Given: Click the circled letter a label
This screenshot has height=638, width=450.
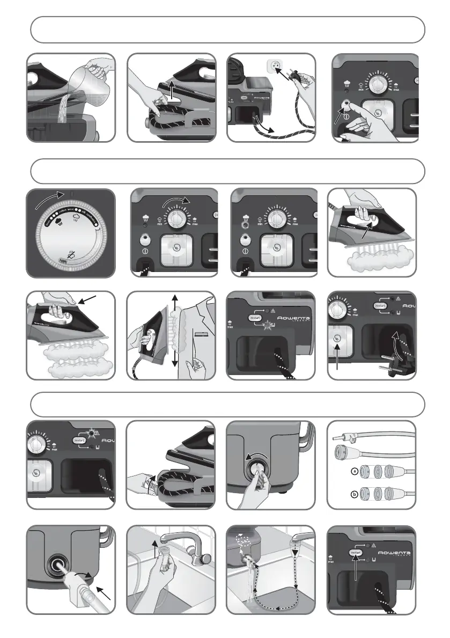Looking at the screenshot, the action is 353,472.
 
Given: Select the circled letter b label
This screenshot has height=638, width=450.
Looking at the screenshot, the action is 353,494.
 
